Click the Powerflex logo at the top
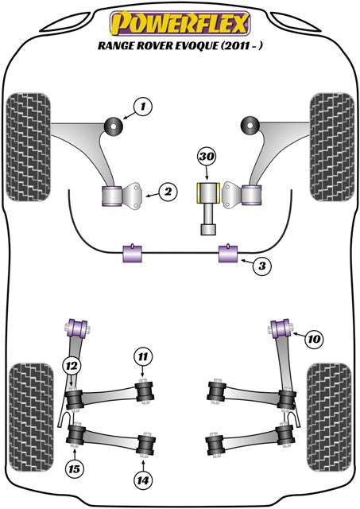pos(180,20)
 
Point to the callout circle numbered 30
pos(207,157)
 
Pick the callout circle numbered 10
pos(315,340)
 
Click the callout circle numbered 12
pos(72,365)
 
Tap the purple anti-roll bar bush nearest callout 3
pos(229,254)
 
